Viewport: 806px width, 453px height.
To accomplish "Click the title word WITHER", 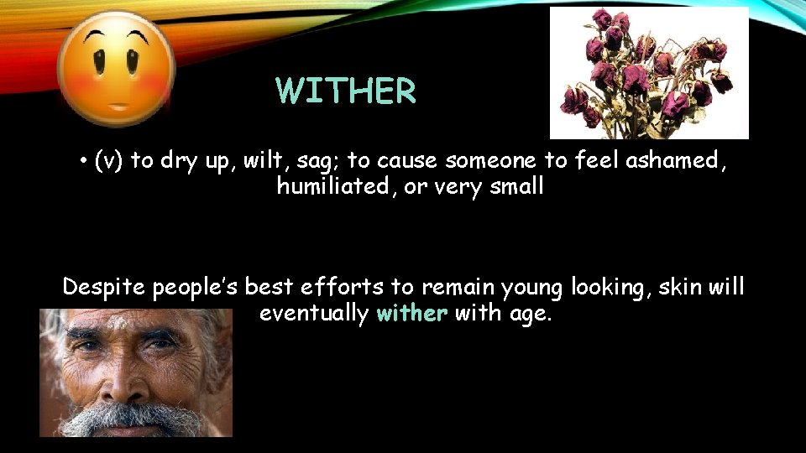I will pyautogui.click(x=346, y=92).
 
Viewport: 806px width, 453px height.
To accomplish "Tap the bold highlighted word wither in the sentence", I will pyautogui.click(x=412, y=314).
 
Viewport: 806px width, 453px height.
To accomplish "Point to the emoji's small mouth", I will pyautogui.click(x=118, y=107).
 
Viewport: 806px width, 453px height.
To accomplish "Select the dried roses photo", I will pyautogui.click(x=649, y=73).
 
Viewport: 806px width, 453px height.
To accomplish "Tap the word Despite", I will pyautogui.click(x=106, y=288).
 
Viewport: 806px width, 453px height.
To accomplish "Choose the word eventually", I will pyautogui.click(x=313, y=314).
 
